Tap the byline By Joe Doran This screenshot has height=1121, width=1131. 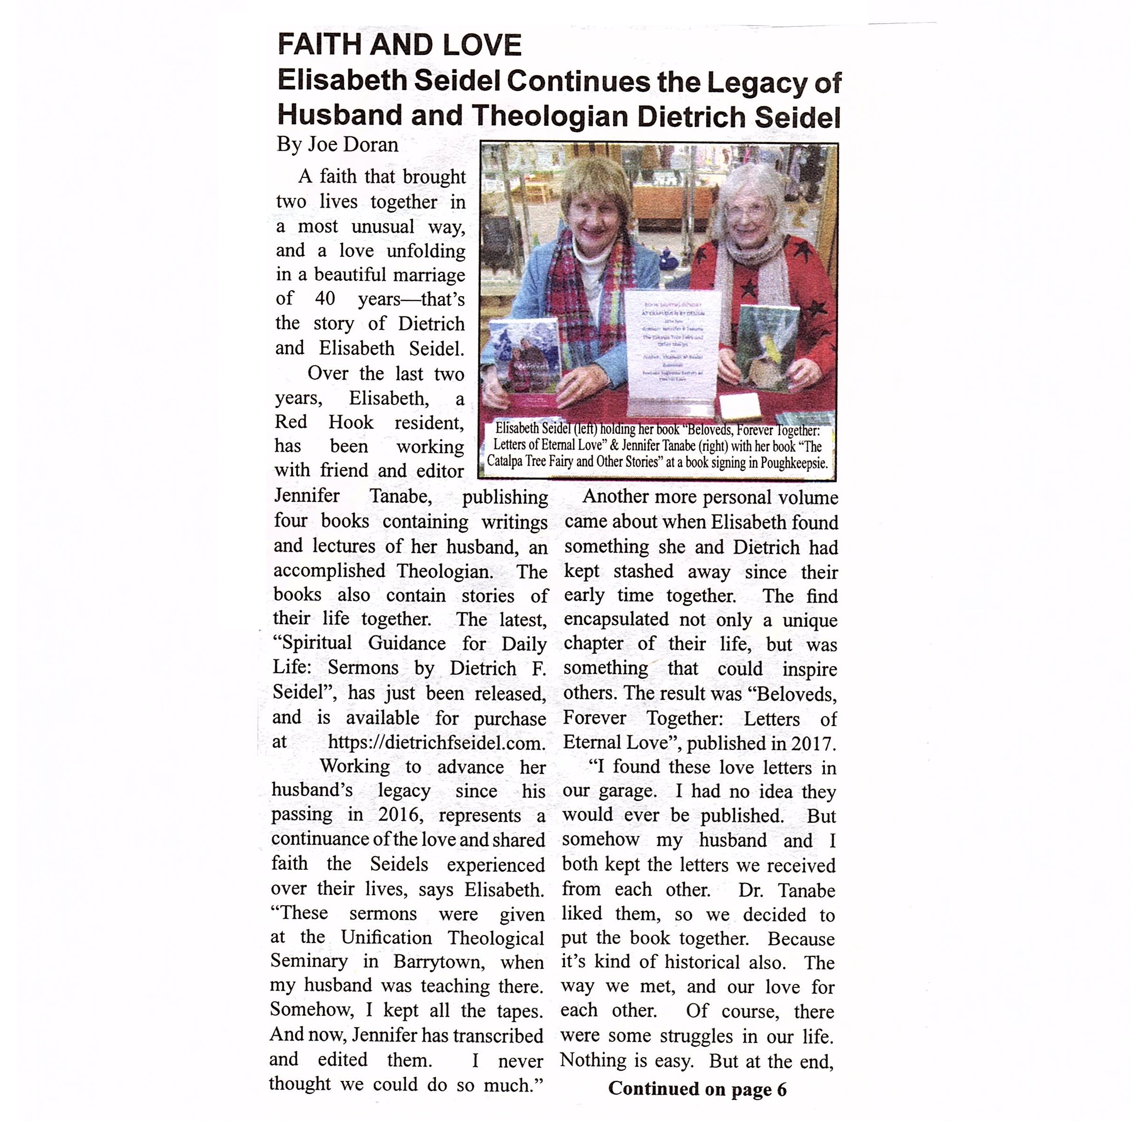(337, 144)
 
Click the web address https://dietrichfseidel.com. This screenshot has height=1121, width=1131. (436, 743)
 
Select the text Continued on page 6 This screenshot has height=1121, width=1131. (697, 1088)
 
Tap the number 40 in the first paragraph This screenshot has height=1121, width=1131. (325, 298)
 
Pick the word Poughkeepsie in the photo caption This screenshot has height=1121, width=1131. (794, 462)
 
